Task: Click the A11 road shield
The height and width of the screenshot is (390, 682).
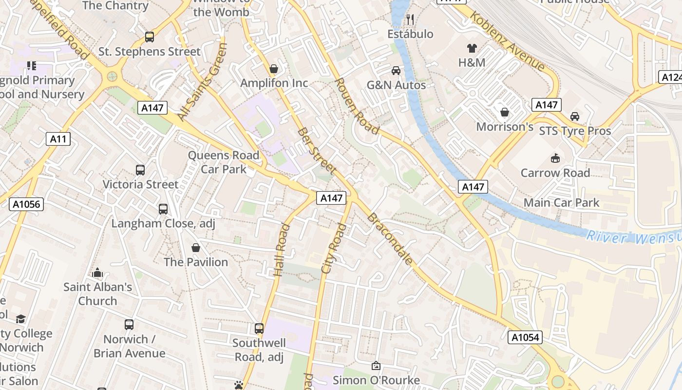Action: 58,139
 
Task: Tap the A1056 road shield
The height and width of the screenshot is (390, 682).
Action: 26,204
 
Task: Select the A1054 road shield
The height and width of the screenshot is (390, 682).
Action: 525,337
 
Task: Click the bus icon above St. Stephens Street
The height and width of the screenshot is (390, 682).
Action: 150,37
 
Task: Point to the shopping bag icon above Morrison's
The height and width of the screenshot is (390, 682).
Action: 505,113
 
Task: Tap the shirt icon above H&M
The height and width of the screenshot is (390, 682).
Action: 472,48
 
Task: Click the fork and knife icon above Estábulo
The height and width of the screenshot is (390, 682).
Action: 410,19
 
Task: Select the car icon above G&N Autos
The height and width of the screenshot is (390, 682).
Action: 396,71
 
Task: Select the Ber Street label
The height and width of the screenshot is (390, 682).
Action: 317,151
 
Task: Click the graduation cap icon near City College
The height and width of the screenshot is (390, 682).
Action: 20,319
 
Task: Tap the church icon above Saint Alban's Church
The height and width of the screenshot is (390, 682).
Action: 97,273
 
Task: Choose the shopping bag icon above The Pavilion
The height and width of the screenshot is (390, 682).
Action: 196,248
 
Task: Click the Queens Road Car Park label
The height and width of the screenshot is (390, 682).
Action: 224,162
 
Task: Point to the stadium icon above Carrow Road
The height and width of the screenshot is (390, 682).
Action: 555,158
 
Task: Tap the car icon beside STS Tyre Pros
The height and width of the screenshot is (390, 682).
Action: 575,117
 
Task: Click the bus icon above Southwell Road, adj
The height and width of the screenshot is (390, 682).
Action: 259,329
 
